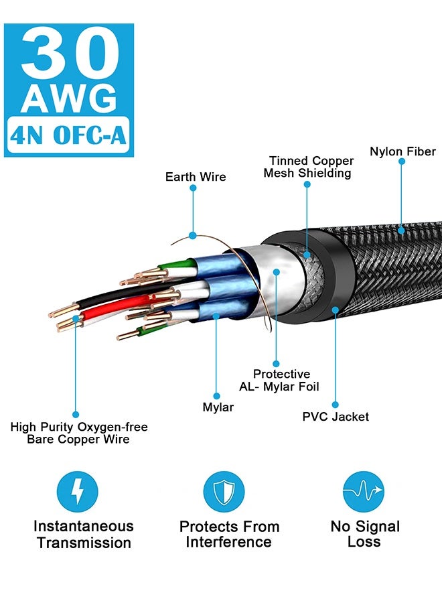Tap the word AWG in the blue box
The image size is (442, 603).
click(69, 99)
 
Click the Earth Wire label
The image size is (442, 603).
click(196, 177)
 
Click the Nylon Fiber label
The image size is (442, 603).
click(402, 151)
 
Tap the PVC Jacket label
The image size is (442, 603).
click(336, 417)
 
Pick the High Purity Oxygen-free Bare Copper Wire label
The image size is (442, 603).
click(79, 433)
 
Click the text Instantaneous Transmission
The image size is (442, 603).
click(84, 534)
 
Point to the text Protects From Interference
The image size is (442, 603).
click(229, 534)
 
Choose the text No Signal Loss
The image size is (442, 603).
click(365, 534)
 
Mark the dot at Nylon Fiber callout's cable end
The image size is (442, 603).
click(402, 229)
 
